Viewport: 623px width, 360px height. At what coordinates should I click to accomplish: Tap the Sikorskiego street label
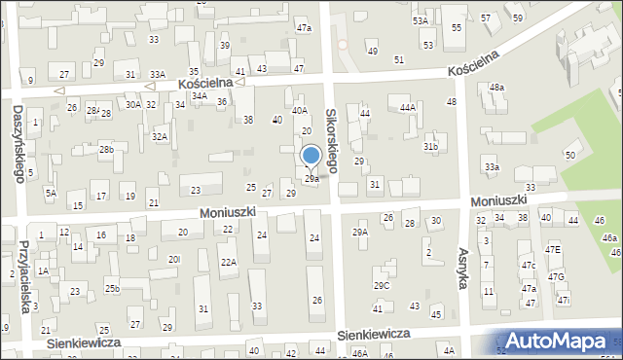click(331, 141)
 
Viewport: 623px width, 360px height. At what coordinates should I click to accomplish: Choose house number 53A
click(420, 20)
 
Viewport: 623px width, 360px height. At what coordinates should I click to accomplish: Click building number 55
click(456, 28)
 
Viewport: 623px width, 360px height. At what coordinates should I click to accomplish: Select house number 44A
click(407, 108)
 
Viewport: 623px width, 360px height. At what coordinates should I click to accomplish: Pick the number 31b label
click(430, 147)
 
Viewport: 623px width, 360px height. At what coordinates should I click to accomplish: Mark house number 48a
click(497, 88)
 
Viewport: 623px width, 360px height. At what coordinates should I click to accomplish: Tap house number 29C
click(382, 285)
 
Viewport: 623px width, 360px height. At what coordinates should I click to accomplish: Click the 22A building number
click(228, 263)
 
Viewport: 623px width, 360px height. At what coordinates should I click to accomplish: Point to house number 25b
click(113, 288)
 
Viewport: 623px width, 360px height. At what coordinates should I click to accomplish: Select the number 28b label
click(106, 149)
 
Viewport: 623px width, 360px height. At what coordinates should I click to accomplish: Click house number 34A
click(199, 96)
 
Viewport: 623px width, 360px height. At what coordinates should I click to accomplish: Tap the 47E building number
click(553, 250)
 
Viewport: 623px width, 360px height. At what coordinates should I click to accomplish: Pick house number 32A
click(159, 137)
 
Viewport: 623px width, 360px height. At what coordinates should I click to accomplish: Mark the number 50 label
click(570, 156)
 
